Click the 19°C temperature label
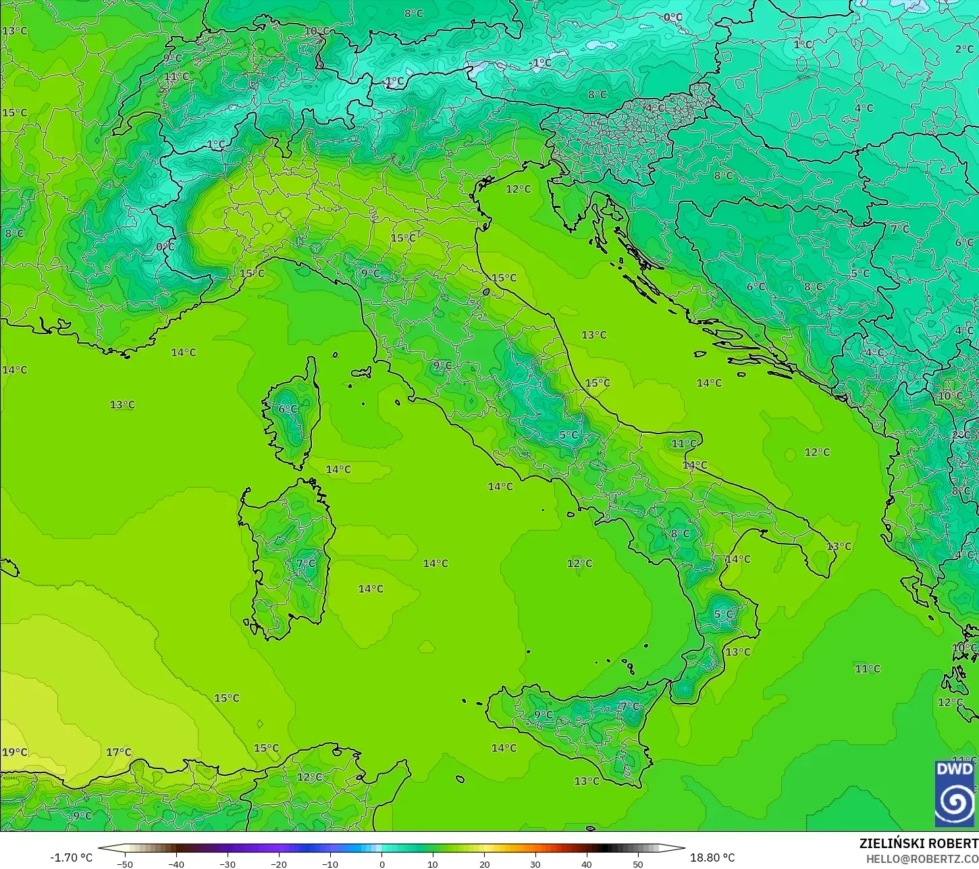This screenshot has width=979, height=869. pos(14,752)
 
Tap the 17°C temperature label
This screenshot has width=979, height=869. pos(118,752)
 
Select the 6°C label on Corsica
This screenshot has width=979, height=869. pos(288,409)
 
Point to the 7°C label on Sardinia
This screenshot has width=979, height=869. pos(305,563)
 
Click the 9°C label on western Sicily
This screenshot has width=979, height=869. pos(543,714)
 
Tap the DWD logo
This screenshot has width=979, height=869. pos(954,793)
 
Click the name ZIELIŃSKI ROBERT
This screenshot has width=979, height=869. pos(918,843)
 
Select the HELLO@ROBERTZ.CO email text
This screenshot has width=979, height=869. pos(922,858)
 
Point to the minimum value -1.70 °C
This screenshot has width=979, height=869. pos(71,858)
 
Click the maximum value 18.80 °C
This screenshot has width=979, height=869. pos(712,858)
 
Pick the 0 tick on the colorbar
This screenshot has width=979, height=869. pos(381,864)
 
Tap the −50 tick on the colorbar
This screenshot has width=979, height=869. pos(124,864)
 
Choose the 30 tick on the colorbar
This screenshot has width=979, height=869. pos(535,864)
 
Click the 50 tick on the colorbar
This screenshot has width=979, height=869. pos(638,864)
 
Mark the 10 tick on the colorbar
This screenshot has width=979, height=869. pos(433,864)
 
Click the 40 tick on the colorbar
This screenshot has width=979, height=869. pos(587,864)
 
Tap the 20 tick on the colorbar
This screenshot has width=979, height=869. pos(484,864)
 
